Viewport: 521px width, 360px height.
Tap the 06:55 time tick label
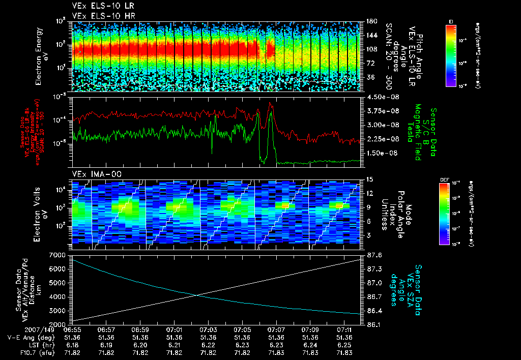click(x=72, y=330)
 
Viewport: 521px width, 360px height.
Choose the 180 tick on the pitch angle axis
click(x=367, y=21)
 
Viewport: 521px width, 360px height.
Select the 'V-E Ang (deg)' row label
click(x=30, y=337)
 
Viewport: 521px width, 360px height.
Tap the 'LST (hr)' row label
click(x=37, y=344)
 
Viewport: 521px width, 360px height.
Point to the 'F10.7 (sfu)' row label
click(x=34, y=351)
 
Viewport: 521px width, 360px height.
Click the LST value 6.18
click(x=72, y=344)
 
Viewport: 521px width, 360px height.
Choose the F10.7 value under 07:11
click(x=344, y=351)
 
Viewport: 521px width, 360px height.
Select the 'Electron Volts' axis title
click(x=39, y=212)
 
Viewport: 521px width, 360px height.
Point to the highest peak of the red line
click(x=270, y=103)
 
